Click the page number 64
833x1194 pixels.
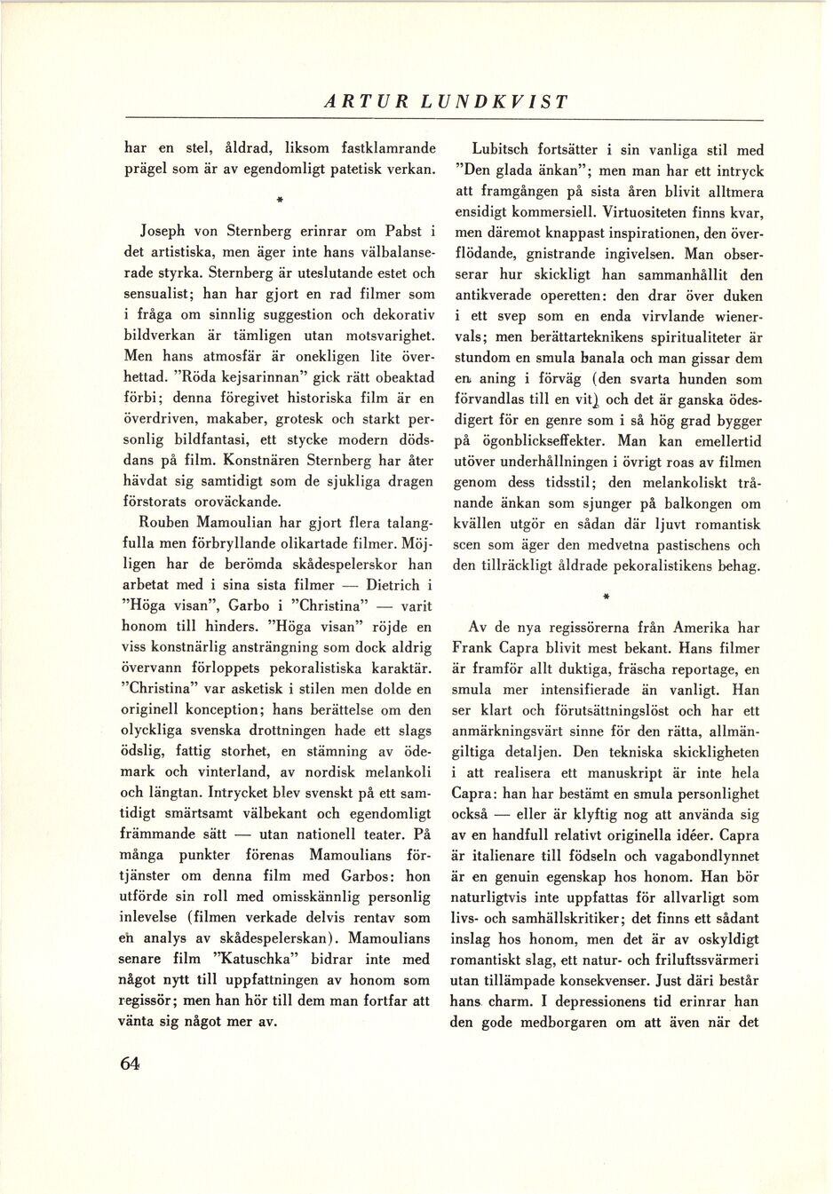tap(130, 1064)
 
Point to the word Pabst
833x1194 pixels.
tap(403, 232)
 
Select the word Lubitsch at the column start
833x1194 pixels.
tap(503, 151)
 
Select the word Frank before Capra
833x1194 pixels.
tap(472, 649)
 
